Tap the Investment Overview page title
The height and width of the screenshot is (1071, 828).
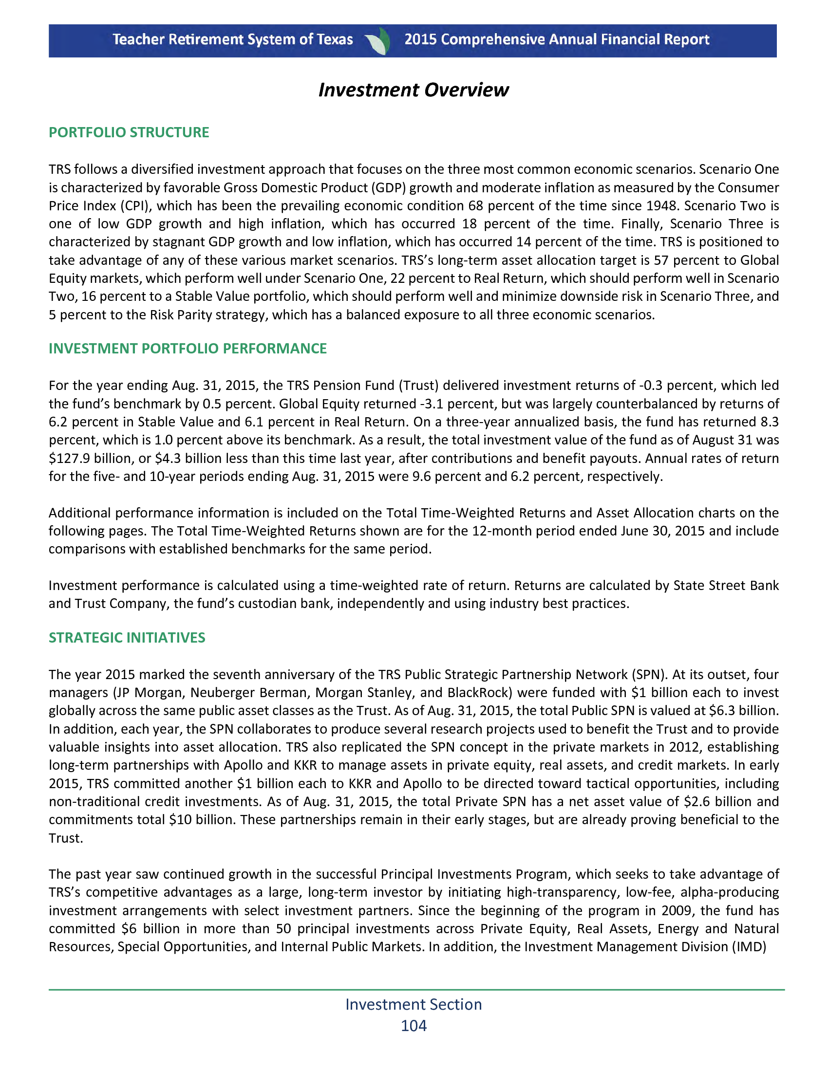point(414,90)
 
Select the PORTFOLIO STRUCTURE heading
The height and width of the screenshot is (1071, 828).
point(129,132)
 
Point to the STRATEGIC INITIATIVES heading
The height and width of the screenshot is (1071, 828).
point(127,638)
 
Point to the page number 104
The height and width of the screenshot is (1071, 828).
point(414,1025)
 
